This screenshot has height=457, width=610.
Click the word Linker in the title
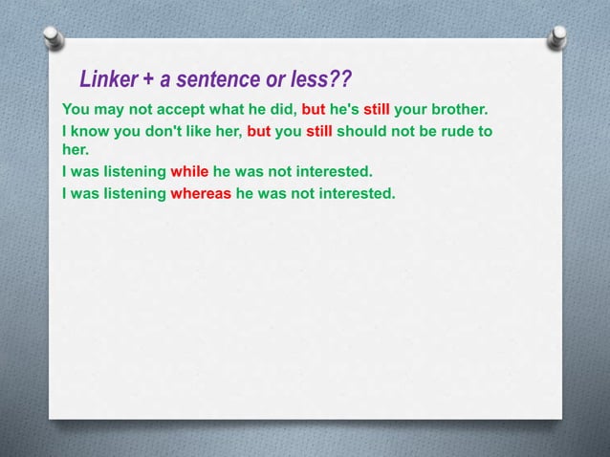pos(108,78)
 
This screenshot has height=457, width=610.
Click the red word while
pos(188,172)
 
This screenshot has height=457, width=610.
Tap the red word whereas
pos(200,193)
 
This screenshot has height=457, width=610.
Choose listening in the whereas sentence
pos(131,193)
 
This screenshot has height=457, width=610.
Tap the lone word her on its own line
pos(74,150)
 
